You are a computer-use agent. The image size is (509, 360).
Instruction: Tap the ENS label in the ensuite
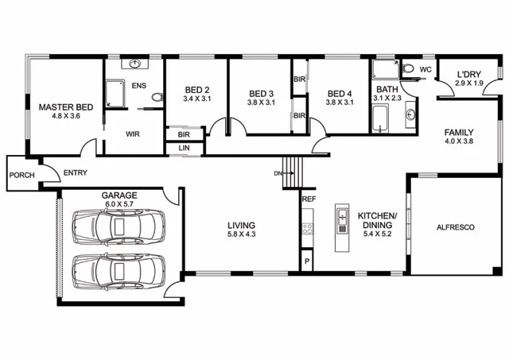pos(139,85)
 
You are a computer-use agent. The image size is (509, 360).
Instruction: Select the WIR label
pos(133,134)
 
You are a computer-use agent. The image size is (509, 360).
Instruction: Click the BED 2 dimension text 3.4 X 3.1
pos(196,99)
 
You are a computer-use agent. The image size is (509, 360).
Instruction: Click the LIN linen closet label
pos(185,148)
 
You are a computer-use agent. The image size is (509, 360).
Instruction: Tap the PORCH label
pos(21,175)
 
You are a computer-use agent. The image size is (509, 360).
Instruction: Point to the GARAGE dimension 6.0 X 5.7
pos(119,203)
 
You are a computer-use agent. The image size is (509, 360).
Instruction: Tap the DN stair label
pos(278,172)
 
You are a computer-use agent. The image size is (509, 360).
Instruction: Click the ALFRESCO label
pos(456,227)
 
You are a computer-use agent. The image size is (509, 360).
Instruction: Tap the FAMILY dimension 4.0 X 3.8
pos(459,141)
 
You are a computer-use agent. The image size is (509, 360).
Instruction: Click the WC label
pos(425,70)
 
